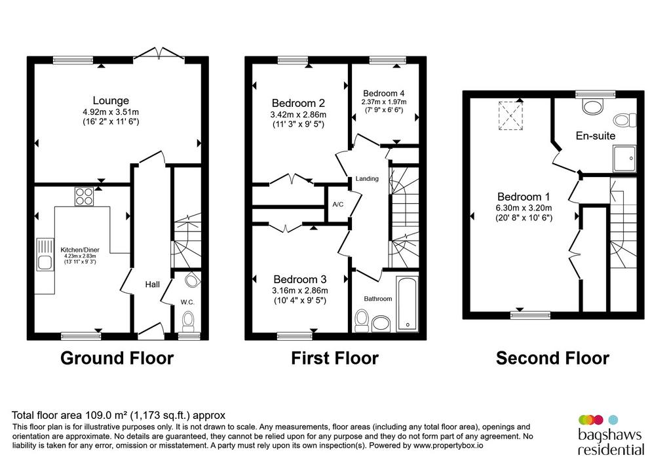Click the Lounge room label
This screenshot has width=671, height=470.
111,100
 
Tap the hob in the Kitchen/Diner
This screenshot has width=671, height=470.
85,197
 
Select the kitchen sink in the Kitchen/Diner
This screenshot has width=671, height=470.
45,254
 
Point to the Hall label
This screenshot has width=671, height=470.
152,284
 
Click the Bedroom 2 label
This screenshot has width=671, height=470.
298,103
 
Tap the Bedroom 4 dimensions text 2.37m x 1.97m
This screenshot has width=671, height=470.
384,102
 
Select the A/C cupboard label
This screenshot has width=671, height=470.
338,205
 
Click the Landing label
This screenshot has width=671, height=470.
367,178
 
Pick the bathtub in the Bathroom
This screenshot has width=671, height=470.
408,304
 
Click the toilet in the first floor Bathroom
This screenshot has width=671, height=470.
362,321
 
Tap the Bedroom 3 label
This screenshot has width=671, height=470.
300,279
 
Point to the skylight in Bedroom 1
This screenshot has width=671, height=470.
510,115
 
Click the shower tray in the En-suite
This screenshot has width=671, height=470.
624,159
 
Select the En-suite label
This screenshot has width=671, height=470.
596,136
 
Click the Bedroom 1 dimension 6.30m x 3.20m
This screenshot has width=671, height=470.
524,208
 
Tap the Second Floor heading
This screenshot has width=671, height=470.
552,359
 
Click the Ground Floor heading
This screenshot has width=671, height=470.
117,359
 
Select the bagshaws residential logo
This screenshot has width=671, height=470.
611,435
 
